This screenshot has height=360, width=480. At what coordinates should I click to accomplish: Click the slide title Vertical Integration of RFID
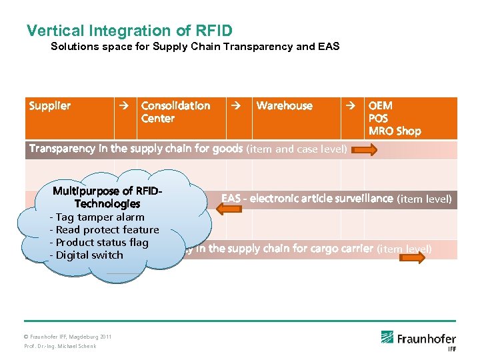(x=129, y=31)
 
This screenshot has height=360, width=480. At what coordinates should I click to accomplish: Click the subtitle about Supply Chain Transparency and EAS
(x=195, y=47)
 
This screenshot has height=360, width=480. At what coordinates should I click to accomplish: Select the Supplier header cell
(x=50, y=106)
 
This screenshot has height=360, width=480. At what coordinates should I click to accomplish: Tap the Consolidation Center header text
(x=175, y=112)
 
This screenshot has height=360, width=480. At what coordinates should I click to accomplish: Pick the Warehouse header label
(x=284, y=106)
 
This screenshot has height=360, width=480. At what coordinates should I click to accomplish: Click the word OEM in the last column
(x=381, y=106)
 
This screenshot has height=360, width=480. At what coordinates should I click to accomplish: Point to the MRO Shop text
(x=395, y=131)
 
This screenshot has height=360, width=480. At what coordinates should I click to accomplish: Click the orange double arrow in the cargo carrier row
(x=411, y=257)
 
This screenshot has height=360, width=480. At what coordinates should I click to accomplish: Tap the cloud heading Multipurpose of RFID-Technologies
(x=107, y=197)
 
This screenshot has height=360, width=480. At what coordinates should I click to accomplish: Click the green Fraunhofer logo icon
(x=387, y=337)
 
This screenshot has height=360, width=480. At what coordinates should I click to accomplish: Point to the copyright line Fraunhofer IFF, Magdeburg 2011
(x=68, y=337)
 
